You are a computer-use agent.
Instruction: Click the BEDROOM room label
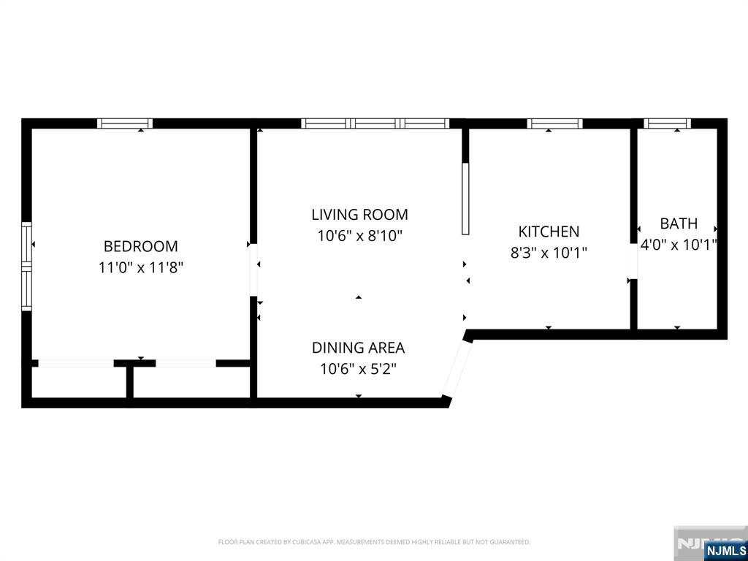coord(140,246)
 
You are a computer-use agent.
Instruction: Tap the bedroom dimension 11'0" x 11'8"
coord(140,267)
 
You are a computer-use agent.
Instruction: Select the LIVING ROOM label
coord(359,215)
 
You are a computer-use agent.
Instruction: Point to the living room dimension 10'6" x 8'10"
coord(359,236)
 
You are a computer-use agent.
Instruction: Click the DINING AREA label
coord(358,348)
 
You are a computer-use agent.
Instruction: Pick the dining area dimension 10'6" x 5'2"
coord(358,369)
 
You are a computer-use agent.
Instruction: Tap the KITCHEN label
coord(549,232)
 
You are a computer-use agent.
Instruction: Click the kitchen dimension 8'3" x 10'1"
coord(549,253)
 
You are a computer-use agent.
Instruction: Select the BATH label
coord(679,224)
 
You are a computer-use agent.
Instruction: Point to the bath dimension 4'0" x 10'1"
coord(679,245)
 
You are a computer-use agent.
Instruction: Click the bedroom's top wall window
coord(125,123)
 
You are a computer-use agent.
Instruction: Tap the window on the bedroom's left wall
coord(27,266)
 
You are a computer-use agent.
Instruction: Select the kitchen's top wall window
coord(554,123)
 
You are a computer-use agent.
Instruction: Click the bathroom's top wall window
coord(667,123)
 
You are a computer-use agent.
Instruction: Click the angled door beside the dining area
coord(457,368)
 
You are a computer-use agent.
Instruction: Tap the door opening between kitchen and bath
coord(633,261)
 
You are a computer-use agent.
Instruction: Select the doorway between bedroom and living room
coord(253,270)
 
